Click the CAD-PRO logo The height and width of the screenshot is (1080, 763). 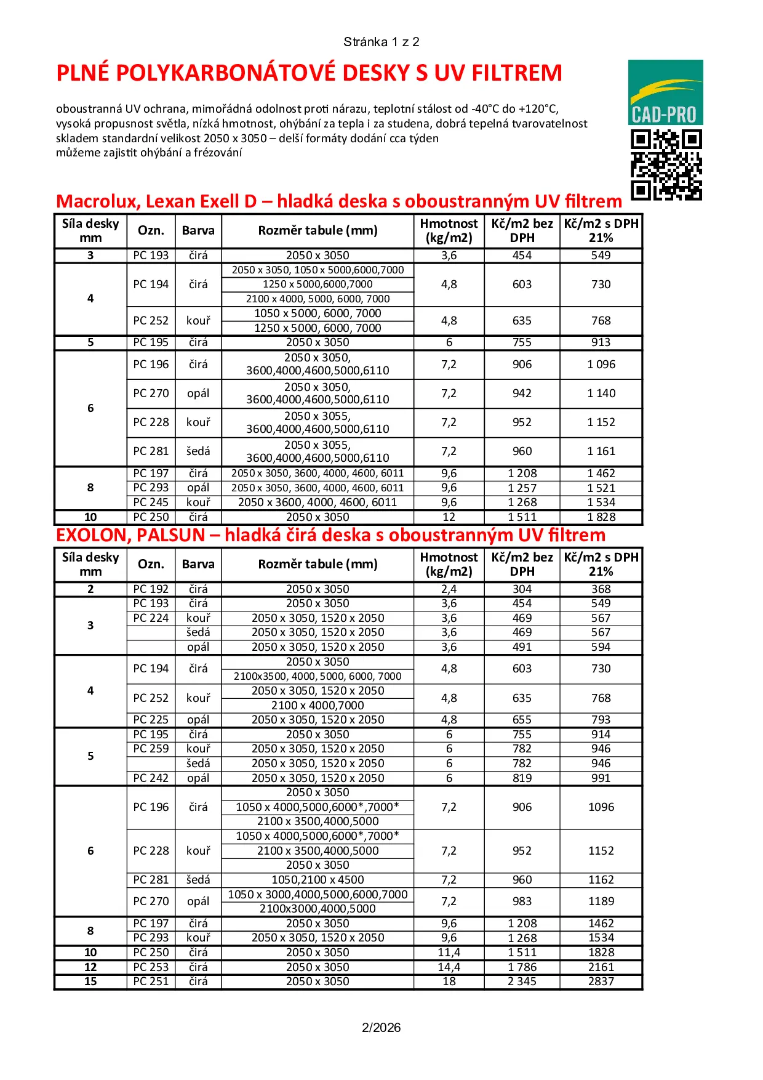click(x=665, y=92)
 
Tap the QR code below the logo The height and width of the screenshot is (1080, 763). click(x=666, y=165)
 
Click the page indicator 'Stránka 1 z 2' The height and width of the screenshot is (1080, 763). click(x=381, y=42)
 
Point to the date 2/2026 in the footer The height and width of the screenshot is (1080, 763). click(x=381, y=1027)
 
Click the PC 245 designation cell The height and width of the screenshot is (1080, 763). click(x=151, y=502)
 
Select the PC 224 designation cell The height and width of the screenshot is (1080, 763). click(x=151, y=618)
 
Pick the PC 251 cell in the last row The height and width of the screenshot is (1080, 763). click(x=151, y=981)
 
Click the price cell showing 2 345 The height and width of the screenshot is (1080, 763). click(x=522, y=981)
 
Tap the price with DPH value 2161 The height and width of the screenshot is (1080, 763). click(x=601, y=967)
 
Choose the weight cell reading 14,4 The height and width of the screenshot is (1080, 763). click(x=449, y=967)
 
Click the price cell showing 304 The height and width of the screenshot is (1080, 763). click(x=522, y=589)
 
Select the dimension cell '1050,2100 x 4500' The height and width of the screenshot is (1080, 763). click(x=318, y=880)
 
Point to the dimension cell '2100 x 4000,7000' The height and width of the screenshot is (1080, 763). click(x=318, y=706)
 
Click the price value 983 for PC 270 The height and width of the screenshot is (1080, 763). click(x=522, y=901)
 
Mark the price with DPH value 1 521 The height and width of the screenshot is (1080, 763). click(x=601, y=488)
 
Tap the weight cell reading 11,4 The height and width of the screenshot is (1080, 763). click(x=449, y=953)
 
